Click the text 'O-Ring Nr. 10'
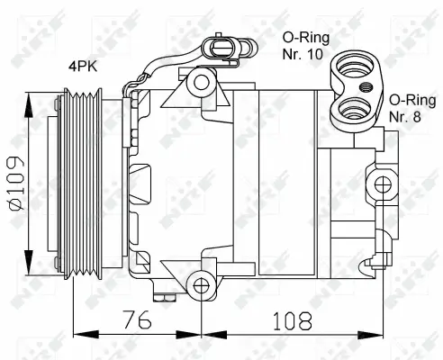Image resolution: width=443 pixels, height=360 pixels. [306, 46]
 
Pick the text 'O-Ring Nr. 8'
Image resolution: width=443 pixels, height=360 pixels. [410, 107]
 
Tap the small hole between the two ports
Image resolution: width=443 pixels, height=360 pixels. [367, 87]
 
